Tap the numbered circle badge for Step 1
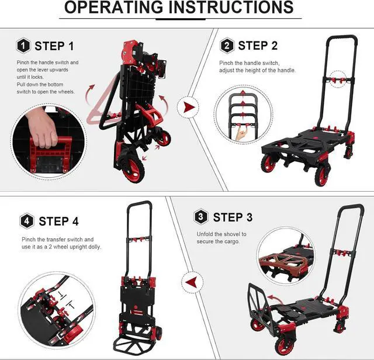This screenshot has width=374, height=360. [23, 46]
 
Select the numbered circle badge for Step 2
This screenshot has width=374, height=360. [227, 46]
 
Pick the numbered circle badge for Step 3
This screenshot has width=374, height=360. [202, 217]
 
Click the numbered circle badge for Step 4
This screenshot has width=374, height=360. [27, 221]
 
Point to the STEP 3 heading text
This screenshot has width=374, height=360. [233, 217]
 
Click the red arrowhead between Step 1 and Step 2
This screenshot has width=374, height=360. [188, 108]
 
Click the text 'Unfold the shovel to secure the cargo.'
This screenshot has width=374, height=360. [221, 238]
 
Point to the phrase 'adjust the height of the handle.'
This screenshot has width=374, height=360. [258, 70]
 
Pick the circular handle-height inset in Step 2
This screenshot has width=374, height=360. [241, 120]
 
